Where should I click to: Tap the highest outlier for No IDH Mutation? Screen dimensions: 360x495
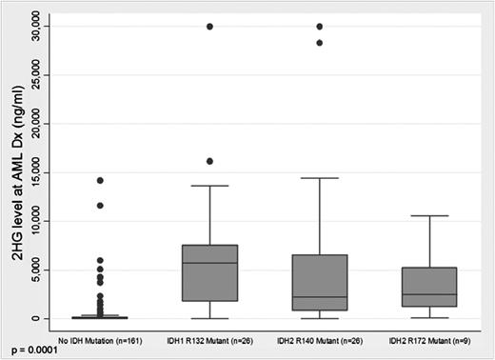[99, 180]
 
